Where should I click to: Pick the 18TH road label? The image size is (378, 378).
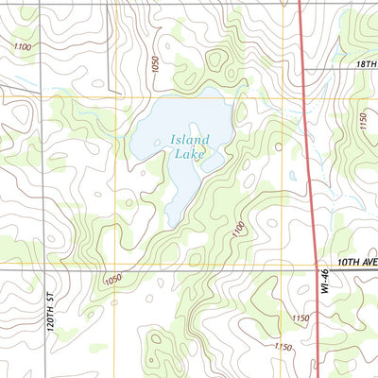coord(367,59)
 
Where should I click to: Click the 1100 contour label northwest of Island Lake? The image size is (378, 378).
coord(23,46)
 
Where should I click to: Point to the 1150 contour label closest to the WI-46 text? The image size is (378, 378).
coord(301,318)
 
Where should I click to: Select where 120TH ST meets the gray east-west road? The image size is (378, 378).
coord(42,267)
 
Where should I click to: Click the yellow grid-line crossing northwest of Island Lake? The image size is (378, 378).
coord(114,98)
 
